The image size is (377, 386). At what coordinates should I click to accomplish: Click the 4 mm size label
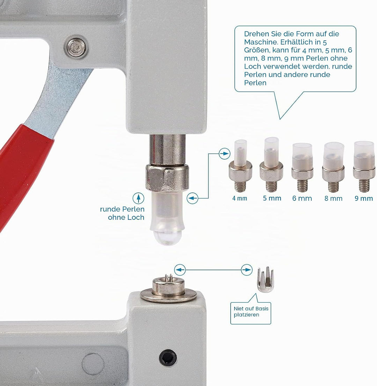coord(239,198)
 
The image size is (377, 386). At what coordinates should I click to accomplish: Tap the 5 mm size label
coord(272,198)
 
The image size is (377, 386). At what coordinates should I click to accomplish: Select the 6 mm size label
coord(302,198)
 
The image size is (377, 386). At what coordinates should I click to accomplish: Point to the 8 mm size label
coord(333,198)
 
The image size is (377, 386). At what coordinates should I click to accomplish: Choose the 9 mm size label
coord(364,198)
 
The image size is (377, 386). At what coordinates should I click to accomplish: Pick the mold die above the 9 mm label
coord(364,166)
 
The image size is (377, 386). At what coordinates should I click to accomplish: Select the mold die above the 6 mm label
coord(302,167)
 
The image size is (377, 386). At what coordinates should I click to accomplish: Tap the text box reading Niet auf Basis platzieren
coord(251,313)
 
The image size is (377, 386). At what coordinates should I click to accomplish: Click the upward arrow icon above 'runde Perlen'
coord(139,198)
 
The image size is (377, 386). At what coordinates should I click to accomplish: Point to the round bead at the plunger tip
coord(167,237)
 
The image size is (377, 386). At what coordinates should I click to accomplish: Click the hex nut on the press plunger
coord(167,177)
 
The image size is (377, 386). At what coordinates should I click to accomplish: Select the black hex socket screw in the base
coord(168,358)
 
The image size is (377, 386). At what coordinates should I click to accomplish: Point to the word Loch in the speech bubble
coord(253,67)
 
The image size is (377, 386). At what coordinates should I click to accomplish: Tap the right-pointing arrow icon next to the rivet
coord(247,270)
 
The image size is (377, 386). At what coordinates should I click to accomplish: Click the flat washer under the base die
coord(169,295)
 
